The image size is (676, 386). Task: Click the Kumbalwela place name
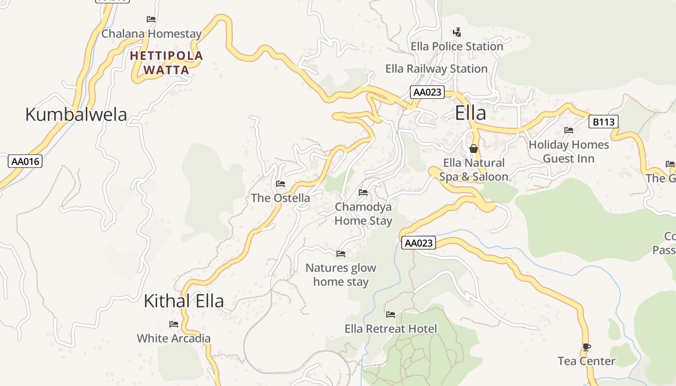76,115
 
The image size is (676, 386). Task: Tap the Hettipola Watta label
167,63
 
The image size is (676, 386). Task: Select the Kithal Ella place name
183,301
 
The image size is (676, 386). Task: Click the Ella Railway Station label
436,69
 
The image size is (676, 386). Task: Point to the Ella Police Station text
457,47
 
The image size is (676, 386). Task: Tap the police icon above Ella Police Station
457,32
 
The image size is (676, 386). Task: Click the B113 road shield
604,122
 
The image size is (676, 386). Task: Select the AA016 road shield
25,161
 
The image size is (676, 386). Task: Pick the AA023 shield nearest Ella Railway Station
427,92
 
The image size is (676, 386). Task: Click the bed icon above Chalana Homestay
151,19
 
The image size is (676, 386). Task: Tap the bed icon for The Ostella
280,184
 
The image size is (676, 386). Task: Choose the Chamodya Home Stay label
363,214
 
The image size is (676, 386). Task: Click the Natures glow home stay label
341,275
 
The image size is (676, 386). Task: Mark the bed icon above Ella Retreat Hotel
391,315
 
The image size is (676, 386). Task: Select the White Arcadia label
174,338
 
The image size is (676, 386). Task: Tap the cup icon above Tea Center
586,347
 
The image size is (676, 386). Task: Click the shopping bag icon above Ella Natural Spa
473,149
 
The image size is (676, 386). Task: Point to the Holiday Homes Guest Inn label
568,152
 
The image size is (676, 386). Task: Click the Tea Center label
586,361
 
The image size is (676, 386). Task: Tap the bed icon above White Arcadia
174,324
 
